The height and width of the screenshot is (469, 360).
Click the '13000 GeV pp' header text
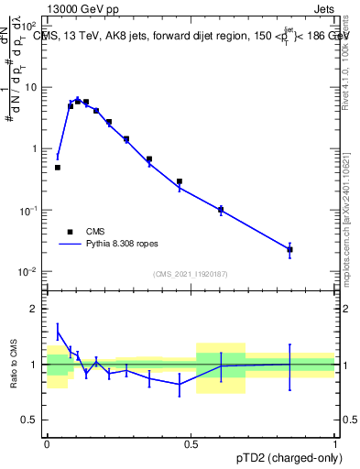point(80,9)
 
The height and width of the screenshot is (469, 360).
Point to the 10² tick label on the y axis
point(30,26)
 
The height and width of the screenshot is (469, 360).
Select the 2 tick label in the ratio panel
point(35,309)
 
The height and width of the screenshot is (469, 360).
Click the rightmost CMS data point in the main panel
point(289,249)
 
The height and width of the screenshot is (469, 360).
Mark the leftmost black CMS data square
point(58,168)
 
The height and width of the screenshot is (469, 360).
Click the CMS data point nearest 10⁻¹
point(221,210)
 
